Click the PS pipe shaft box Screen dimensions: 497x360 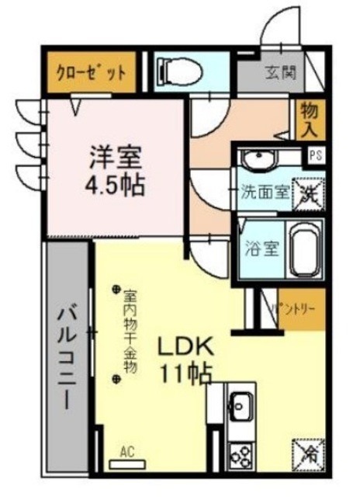tap(316, 155)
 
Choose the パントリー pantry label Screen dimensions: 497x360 tap(292, 308)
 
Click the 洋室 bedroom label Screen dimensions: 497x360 tap(114, 156)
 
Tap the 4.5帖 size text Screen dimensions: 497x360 tap(114, 186)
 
